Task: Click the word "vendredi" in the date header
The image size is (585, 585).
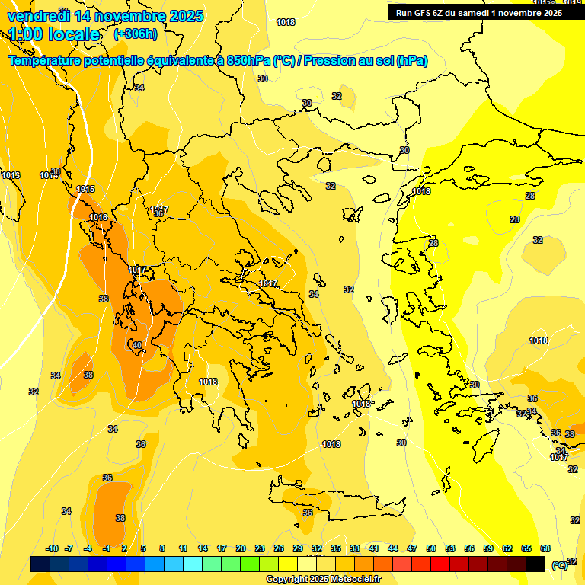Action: coord(37,15)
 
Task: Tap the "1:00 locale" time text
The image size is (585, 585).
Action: coord(54,34)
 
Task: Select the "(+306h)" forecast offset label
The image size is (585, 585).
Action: coord(136,34)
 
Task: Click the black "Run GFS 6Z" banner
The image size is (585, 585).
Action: coord(479,12)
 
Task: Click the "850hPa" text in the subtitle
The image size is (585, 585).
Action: coord(248,61)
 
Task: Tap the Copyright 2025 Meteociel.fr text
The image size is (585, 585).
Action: coord(323,580)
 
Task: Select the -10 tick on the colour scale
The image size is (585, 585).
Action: coord(52,548)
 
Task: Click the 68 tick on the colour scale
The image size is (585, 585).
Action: coord(545,548)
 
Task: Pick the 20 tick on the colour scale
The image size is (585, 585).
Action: coord(241,548)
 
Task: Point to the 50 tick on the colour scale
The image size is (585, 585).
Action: coord(431,548)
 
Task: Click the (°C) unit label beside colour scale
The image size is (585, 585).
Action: coord(560,564)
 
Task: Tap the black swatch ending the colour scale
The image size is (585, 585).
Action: coord(535,564)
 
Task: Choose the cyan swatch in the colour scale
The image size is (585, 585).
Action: coord(193,564)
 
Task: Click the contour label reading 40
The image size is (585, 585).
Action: coord(137,345)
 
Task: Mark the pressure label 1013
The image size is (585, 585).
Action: coord(11,176)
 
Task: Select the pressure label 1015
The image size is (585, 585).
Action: coord(85,189)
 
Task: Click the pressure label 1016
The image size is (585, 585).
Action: coord(98,217)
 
